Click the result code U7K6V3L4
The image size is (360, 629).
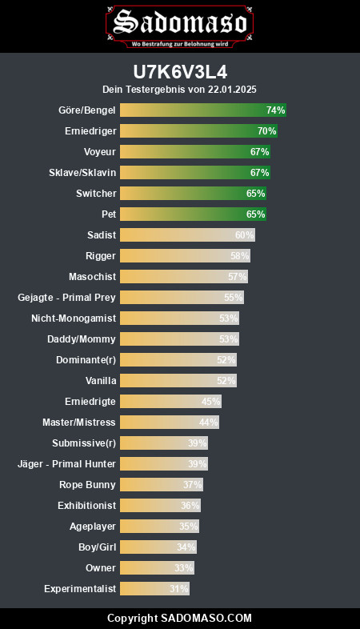click(x=180, y=73)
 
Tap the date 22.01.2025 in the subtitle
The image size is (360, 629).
click(x=232, y=89)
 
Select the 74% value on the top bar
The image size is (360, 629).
click(x=275, y=110)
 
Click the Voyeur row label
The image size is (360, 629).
click(x=100, y=151)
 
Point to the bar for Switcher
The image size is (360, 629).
click(x=194, y=194)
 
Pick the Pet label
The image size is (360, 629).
click(x=109, y=214)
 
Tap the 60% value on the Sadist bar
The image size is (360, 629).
click(x=244, y=235)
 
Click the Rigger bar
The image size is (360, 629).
click(x=186, y=256)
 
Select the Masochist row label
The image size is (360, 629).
click(x=93, y=277)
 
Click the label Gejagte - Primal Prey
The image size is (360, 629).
click(x=66, y=298)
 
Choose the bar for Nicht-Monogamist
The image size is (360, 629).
click(x=179, y=319)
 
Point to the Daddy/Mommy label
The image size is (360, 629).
click(x=82, y=339)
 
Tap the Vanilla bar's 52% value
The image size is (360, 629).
click(x=226, y=381)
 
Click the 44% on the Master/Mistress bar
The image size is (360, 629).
click(x=209, y=423)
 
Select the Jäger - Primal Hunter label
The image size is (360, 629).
click(x=66, y=464)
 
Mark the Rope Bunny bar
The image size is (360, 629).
click(x=162, y=485)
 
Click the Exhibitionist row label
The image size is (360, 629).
click(x=87, y=506)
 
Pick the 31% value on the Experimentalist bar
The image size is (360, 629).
click(x=178, y=589)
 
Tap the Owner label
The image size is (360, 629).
click(x=101, y=568)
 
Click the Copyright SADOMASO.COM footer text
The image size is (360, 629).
click(x=179, y=618)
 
